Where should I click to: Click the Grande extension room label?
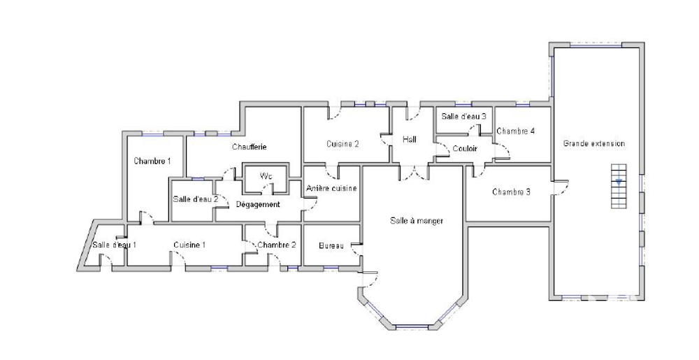pyautogui.click(x=593, y=143)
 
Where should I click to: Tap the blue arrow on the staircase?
pyautogui.click(x=619, y=182)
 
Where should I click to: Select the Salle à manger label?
pyautogui.click(x=417, y=221)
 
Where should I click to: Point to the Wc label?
pyautogui.click(x=266, y=176)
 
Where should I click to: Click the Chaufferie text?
pyautogui.click(x=250, y=147)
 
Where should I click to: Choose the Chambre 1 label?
pyautogui.click(x=152, y=161)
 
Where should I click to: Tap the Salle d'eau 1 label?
pyautogui.click(x=114, y=245)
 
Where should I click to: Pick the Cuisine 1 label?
pyautogui.click(x=189, y=245)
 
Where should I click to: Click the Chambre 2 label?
pyautogui.click(x=276, y=245)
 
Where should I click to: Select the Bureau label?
pyautogui.click(x=331, y=245)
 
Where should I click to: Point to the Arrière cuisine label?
pyautogui.click(x=331, y=189)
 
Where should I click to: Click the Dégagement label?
pyautogui.click(x=258, y=205)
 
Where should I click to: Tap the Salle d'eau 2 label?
pyautogui.click(x=195, y=199)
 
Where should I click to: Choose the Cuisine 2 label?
pyautogui.click(x=343, y=144)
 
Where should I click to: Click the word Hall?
pyautogui.click(x=409, y=139)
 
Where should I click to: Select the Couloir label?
pyautogui.click(x=465, y=148)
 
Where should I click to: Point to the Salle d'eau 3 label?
pyautogui.click(x=463, y=116)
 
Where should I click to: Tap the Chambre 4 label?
pyautogui.click(x=515, y=131)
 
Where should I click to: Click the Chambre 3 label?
pyautogui.click(x=512, y=192)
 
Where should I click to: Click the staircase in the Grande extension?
pyautogui.click(x=619, y=186)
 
